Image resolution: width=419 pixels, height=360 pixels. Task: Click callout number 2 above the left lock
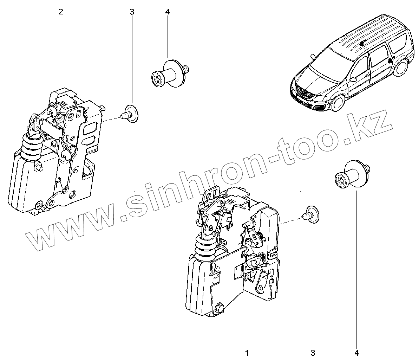(x=61, y=12)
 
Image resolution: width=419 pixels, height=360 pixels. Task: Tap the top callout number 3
(x=132, y=12)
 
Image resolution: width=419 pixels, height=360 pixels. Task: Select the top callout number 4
(x=167, y=12)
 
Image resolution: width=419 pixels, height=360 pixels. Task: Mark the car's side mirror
(x=353, y=79)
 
